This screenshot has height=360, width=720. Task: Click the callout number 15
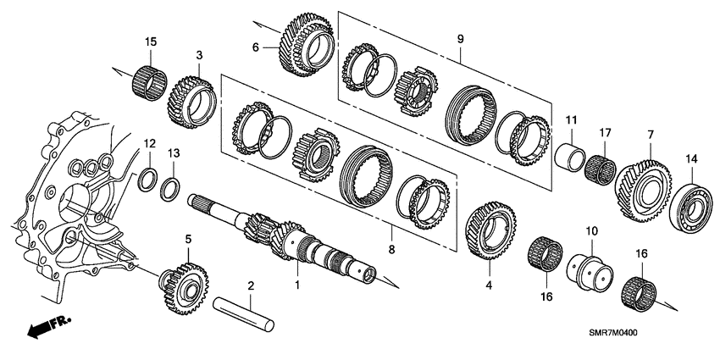(150, 42)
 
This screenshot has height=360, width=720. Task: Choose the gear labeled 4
(490, 227)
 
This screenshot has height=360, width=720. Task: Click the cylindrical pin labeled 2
(246, 309)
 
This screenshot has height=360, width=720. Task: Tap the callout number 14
(691, 158)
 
